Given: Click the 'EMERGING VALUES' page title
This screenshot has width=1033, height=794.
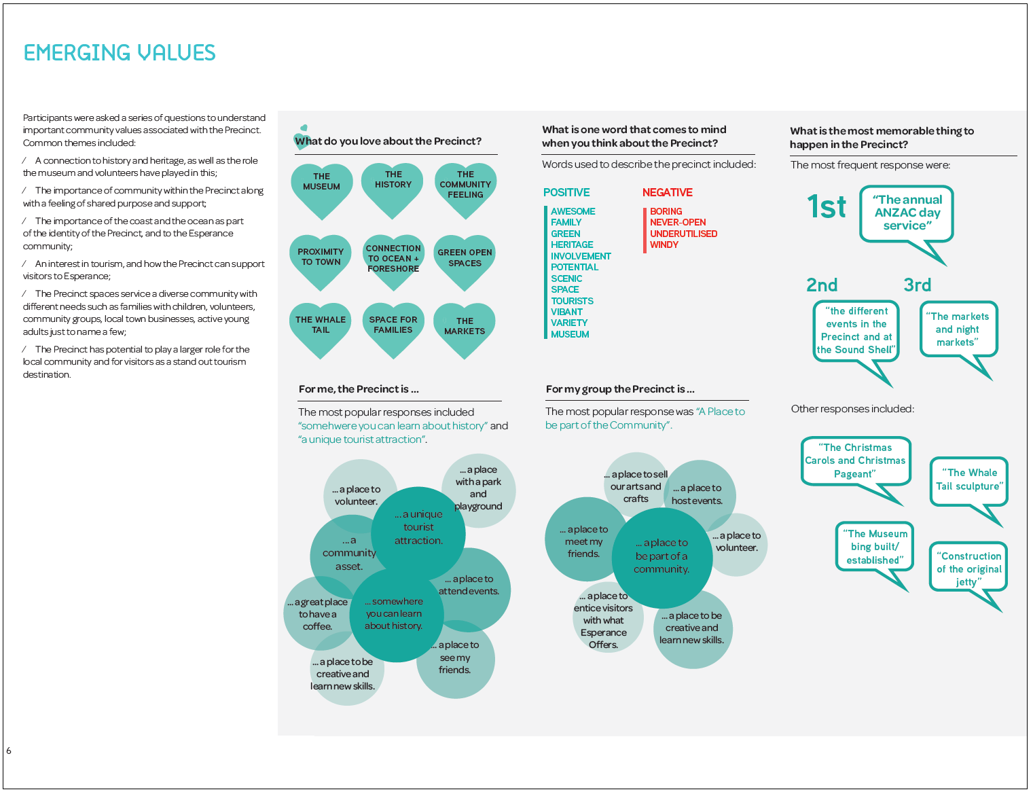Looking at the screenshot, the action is coord(120,52).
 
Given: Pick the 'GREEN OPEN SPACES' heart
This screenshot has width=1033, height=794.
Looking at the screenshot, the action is coord(465,262).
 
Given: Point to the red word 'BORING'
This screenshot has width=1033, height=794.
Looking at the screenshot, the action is coord(666,211).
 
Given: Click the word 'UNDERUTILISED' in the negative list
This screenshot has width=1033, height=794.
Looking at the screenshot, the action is coord(683,234).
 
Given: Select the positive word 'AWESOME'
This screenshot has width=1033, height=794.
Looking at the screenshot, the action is coord(573,211).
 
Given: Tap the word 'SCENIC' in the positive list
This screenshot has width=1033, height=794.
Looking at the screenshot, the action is coord(566,278).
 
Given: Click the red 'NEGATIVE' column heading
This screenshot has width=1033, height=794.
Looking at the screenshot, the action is coord(667,192).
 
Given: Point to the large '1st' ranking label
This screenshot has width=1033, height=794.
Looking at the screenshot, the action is coord(827,206).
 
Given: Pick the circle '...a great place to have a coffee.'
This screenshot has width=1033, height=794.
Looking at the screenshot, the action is coord(318,613).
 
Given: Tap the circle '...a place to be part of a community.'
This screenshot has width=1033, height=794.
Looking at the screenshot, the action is coord(662,558).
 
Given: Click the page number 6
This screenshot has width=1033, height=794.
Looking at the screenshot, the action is coord(9,751).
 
